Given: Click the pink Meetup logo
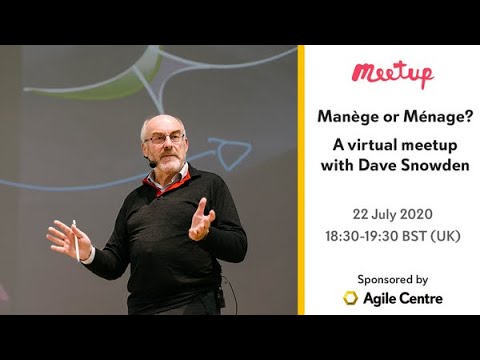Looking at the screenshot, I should [392, 75].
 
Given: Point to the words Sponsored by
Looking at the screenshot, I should [392, 279].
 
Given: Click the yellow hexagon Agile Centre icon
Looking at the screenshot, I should [351, 298].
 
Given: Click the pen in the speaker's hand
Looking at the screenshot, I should [76, 240].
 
